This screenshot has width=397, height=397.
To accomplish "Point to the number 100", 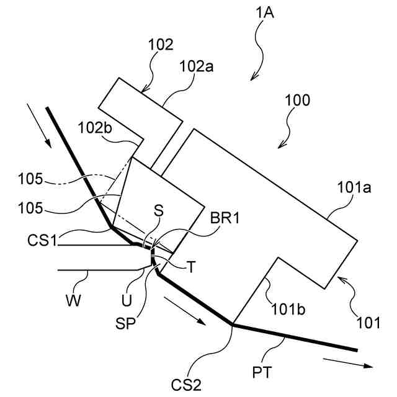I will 298,99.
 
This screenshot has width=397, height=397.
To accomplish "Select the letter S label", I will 159,212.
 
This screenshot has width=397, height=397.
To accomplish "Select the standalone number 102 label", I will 161,45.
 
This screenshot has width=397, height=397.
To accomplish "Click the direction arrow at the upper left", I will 39,127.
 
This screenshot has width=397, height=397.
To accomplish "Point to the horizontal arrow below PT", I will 347,362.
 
